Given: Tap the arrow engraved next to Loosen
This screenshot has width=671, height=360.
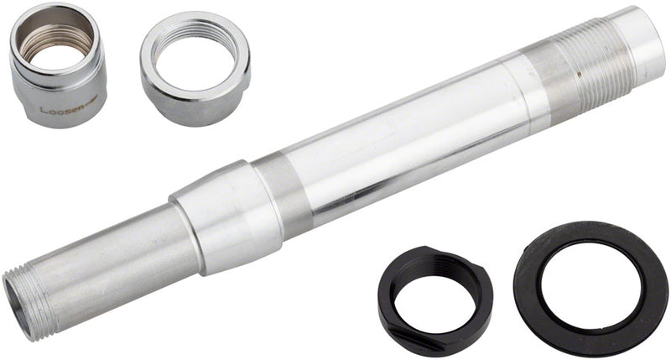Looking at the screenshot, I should [87, 101].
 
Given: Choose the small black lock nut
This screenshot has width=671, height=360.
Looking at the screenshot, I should [434, 297].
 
